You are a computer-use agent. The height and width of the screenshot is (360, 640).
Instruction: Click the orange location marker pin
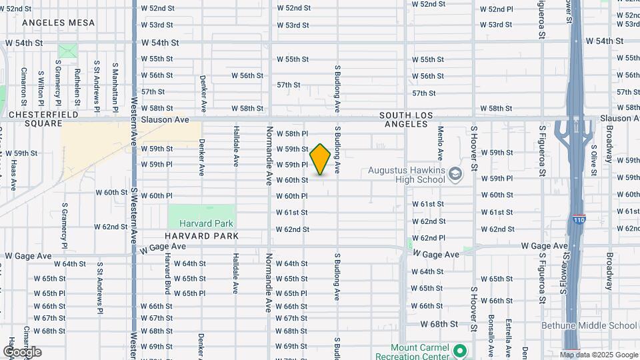click(320, 159)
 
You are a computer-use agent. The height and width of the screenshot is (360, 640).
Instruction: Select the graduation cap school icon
click(455, 175)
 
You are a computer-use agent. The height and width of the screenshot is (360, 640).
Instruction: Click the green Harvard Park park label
click(200, 223)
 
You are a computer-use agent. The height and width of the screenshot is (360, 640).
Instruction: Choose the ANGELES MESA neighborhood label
click(58, 23)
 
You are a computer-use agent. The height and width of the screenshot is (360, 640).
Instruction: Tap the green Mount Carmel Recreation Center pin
click(459, 350)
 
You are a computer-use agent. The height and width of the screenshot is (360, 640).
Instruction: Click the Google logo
click(22, 351)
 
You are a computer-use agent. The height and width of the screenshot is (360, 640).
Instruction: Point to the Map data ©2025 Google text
click(599, 355)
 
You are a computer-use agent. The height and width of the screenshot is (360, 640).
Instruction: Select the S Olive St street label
click(593, 153)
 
